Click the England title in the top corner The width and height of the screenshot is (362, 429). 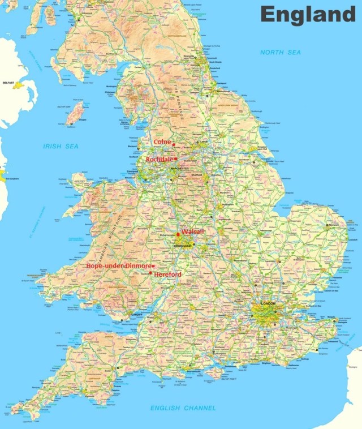pyautogui.click(x=308, y=14)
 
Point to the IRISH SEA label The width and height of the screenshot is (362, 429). pyautogui.click(x=61, y=146)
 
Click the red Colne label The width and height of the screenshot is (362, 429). pyautogui.click(x=162, y=142)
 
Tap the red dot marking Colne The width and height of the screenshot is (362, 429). pyautogui.click(x=174, y=144)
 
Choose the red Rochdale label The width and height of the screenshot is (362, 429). pyautogui.click(x=159, y=160)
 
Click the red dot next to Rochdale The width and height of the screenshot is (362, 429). pyautogui.click(x=176, y=159)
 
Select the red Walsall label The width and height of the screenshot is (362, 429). pyautogui.click(x=193, y=232)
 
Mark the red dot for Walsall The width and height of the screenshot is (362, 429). pyautogui.click(x=178, y=234)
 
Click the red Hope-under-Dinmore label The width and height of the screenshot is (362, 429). pyautogui.click(x=118, y=265)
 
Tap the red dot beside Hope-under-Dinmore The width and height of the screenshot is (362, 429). pyautogui.click(x=153, y=266)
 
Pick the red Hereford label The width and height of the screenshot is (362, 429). pyautogui.click(x=168, y=274)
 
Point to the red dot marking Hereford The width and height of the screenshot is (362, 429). pyautogui.click(x=150, y=273)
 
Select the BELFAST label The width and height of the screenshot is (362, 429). pyautogui.click(x=8, y=83)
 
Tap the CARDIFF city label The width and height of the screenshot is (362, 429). pyautogui.click(x=136, y=314)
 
